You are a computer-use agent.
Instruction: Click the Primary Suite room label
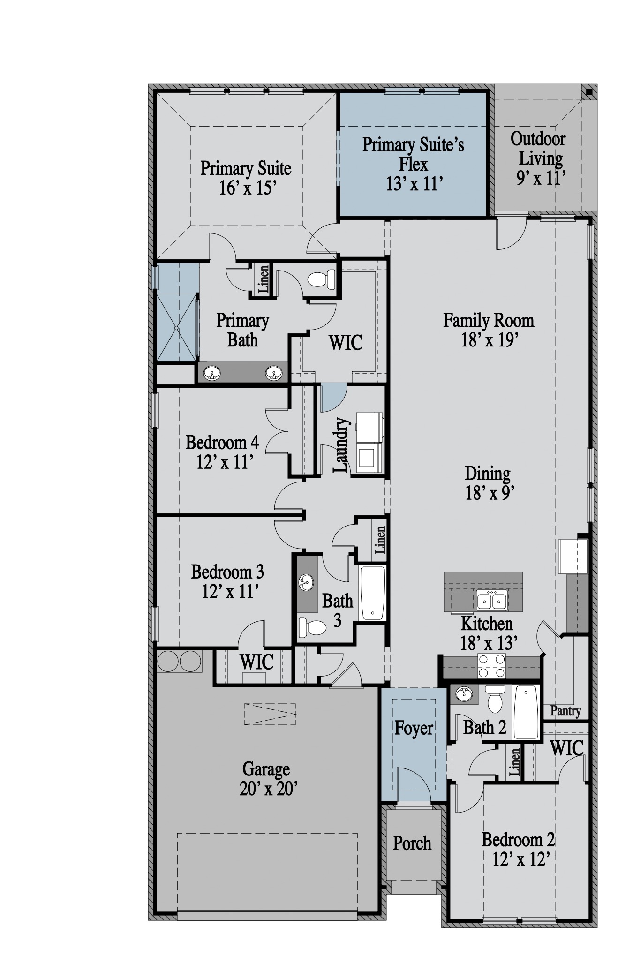point(246,178)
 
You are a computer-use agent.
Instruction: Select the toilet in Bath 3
point(312,627)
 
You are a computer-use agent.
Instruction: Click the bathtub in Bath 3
point(373,593)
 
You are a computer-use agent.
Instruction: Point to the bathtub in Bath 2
point(526,712)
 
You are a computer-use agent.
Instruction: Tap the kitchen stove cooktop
point(491,666)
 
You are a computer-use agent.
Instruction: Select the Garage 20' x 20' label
point(266,779)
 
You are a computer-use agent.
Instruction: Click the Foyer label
point(414,728)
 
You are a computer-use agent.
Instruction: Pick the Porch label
point(412,843)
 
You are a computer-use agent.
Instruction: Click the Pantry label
point(565,711)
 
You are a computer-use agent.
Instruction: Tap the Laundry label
point(341,445)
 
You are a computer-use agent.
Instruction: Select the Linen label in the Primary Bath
point(264,279)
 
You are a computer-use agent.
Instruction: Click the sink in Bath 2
point(464,693)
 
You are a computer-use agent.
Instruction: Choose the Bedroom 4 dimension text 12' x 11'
point(225,462)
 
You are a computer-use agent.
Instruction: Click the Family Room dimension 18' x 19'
point(489,340)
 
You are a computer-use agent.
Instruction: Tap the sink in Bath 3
point(306,583)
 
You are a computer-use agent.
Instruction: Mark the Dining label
point(488,473)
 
